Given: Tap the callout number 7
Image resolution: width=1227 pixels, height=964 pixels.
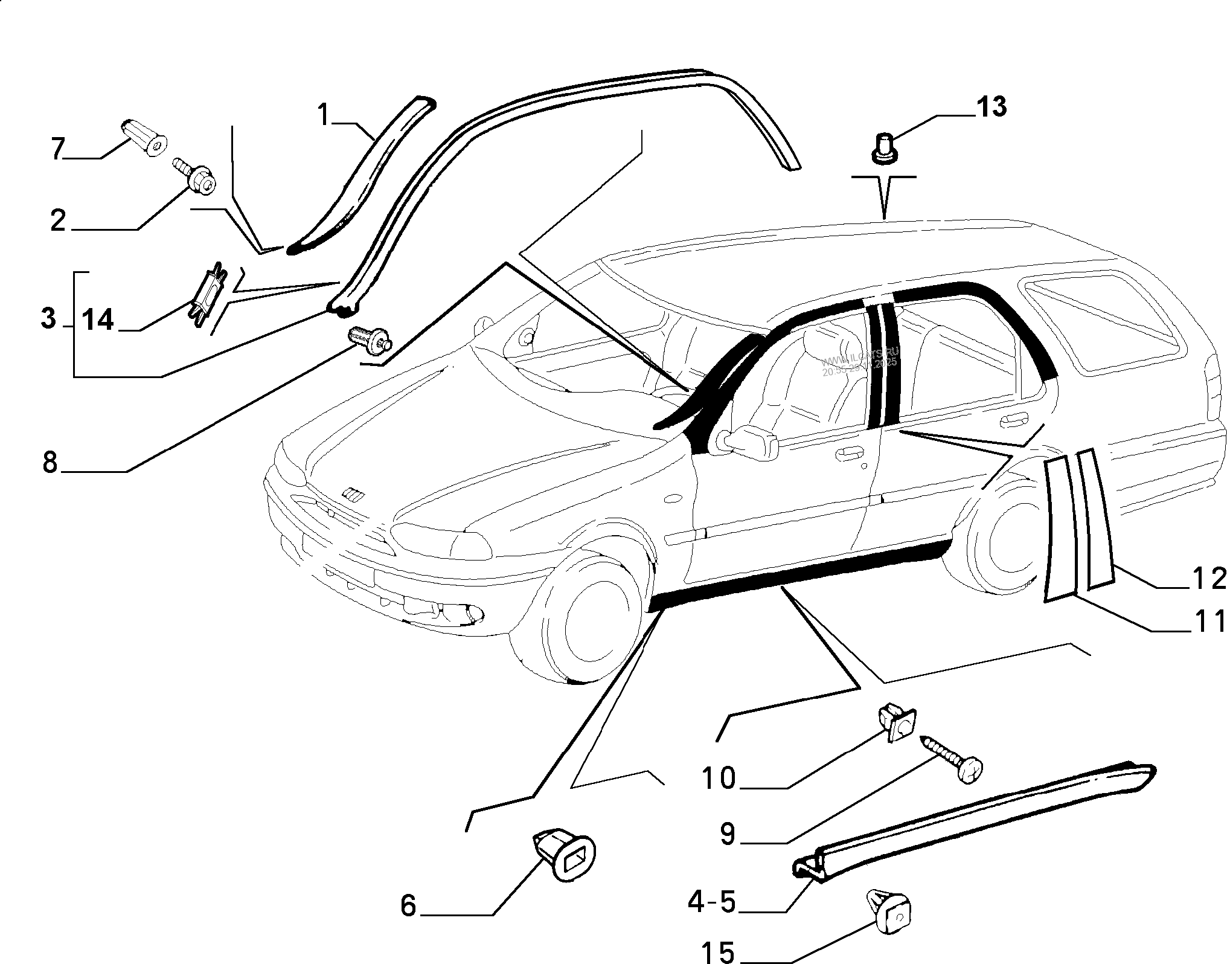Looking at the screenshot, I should click(57, 149).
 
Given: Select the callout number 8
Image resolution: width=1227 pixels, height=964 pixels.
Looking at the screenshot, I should click(50, 462).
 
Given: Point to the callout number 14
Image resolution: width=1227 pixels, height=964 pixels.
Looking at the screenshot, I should click(98, 320).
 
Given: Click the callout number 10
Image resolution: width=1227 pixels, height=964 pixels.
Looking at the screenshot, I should click(719, 778).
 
